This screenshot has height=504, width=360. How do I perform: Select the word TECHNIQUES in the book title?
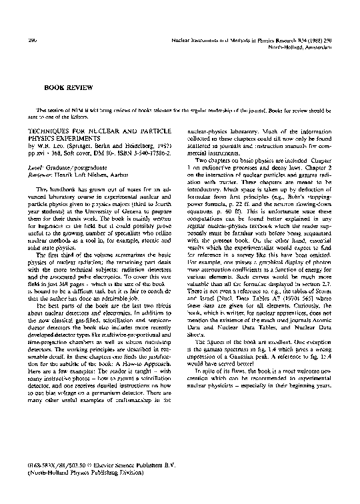point(47,132)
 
